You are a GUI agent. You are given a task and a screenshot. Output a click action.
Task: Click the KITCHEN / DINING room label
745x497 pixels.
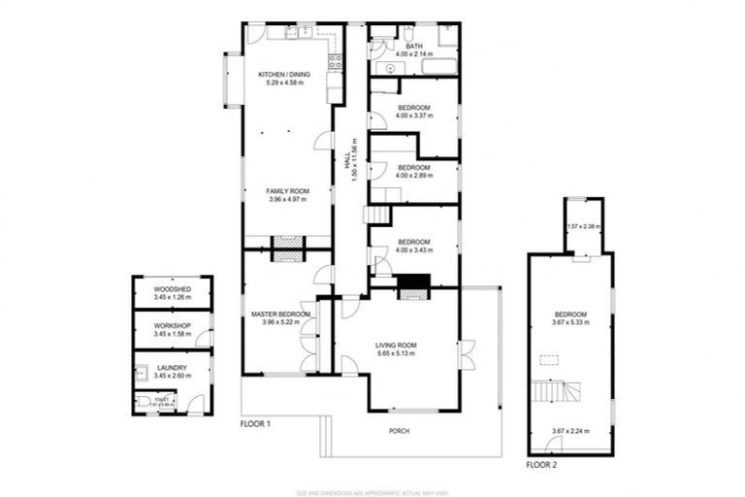point(284,75)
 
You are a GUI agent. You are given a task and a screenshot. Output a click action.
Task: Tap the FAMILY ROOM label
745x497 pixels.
point(287,191)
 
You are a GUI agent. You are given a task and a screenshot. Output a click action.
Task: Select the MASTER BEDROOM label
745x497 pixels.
point(279,315)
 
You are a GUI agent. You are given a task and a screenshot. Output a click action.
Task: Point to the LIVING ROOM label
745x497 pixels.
point(396,345)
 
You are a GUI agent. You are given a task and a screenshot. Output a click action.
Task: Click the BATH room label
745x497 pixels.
point(414,46)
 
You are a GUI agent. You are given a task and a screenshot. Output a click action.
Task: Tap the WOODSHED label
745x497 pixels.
point(172,290)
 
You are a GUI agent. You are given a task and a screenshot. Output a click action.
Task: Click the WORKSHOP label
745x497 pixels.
point(172,325)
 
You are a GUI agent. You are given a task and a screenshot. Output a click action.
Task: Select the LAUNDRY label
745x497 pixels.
point(172,368)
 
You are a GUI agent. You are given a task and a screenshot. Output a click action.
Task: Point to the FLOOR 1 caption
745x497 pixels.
point(255,425)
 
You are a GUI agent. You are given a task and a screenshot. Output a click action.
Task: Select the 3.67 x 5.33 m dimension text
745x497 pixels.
point(570,322)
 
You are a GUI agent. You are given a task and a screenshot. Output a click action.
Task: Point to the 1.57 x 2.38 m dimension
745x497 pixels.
point(584,227)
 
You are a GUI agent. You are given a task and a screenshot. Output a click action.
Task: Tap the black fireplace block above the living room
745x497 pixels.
point(414,283)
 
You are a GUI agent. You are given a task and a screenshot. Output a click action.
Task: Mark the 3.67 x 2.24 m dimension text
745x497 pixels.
point(570,431)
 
